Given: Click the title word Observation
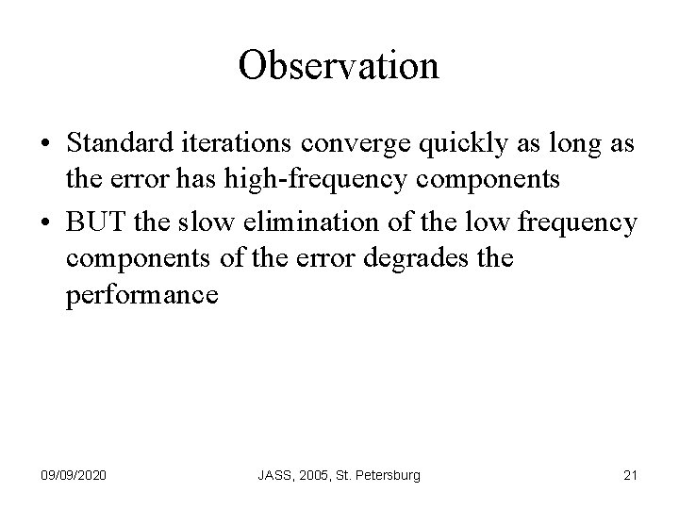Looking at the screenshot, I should click(x=339, y=65).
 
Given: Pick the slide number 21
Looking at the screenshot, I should click(x=630, y=474).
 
